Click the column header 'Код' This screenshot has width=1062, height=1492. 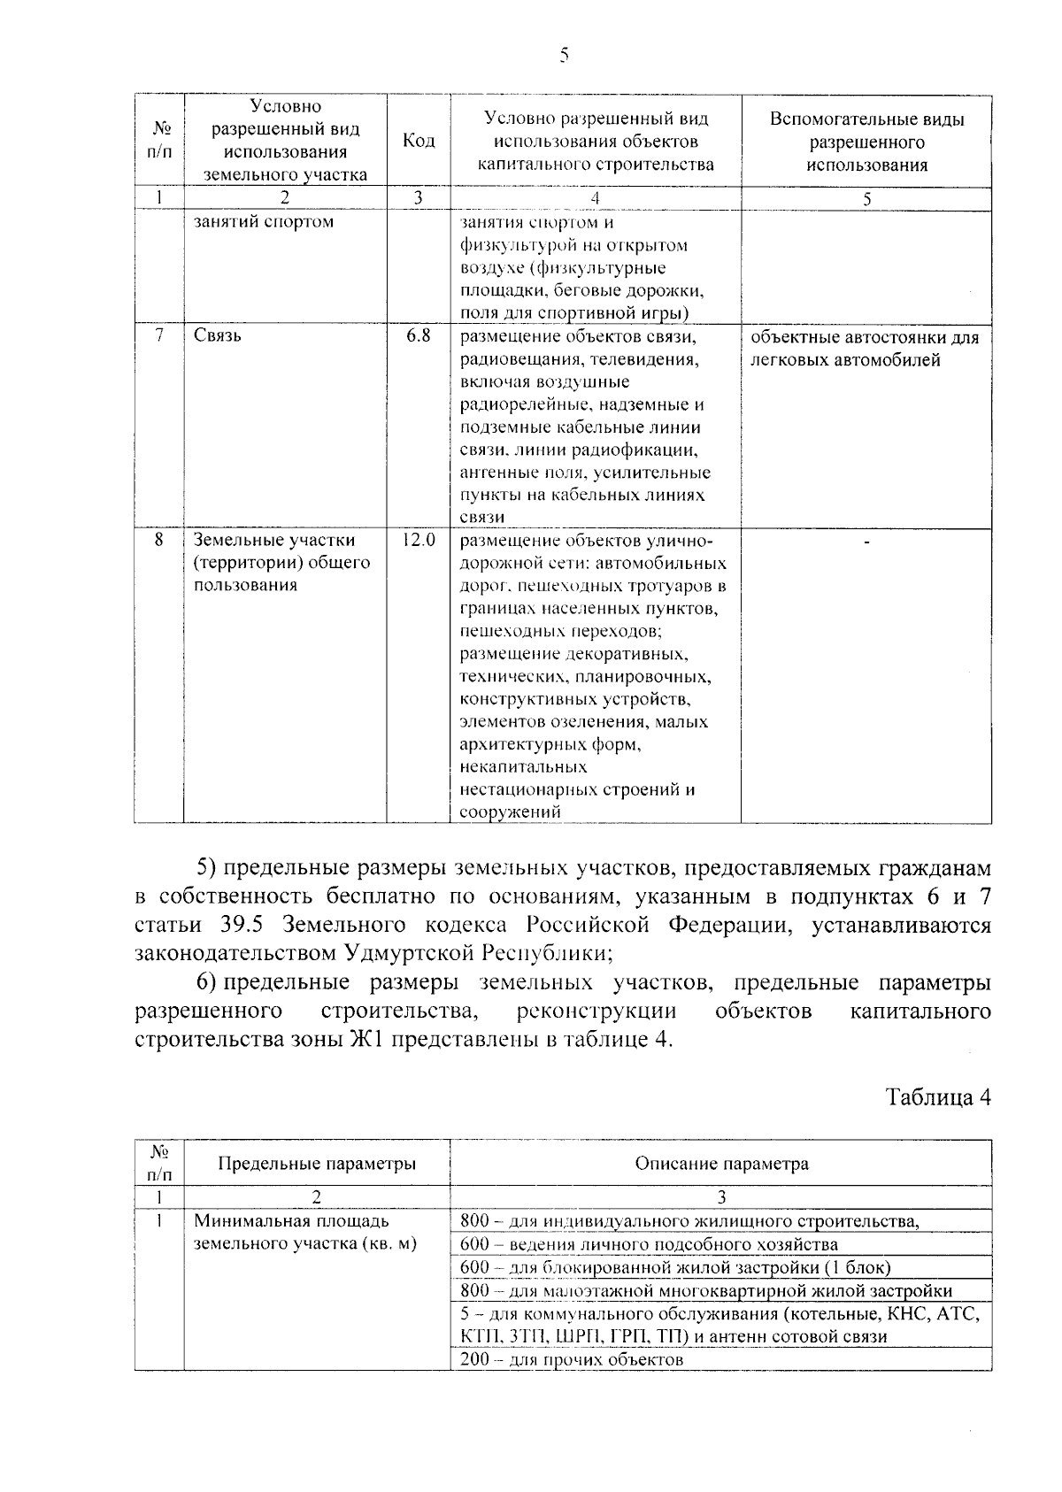click(419, 142)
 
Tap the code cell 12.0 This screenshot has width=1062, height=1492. click(419, 539)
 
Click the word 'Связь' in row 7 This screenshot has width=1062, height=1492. click(217, 337)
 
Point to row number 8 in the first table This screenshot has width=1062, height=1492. click(158, 539)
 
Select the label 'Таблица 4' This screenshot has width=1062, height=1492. click(938, 1097)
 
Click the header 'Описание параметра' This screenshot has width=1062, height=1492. click(720, 1163)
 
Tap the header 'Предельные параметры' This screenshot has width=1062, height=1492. click(317, 1163)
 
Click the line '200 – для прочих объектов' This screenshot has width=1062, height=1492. click(572, 1359)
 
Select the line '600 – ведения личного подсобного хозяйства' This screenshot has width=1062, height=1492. click(636, 1244)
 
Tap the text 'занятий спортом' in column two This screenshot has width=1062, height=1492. click(264, 221)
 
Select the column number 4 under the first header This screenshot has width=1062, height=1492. click(595, 198)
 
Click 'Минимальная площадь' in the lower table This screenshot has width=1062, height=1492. click(291, 1221)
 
